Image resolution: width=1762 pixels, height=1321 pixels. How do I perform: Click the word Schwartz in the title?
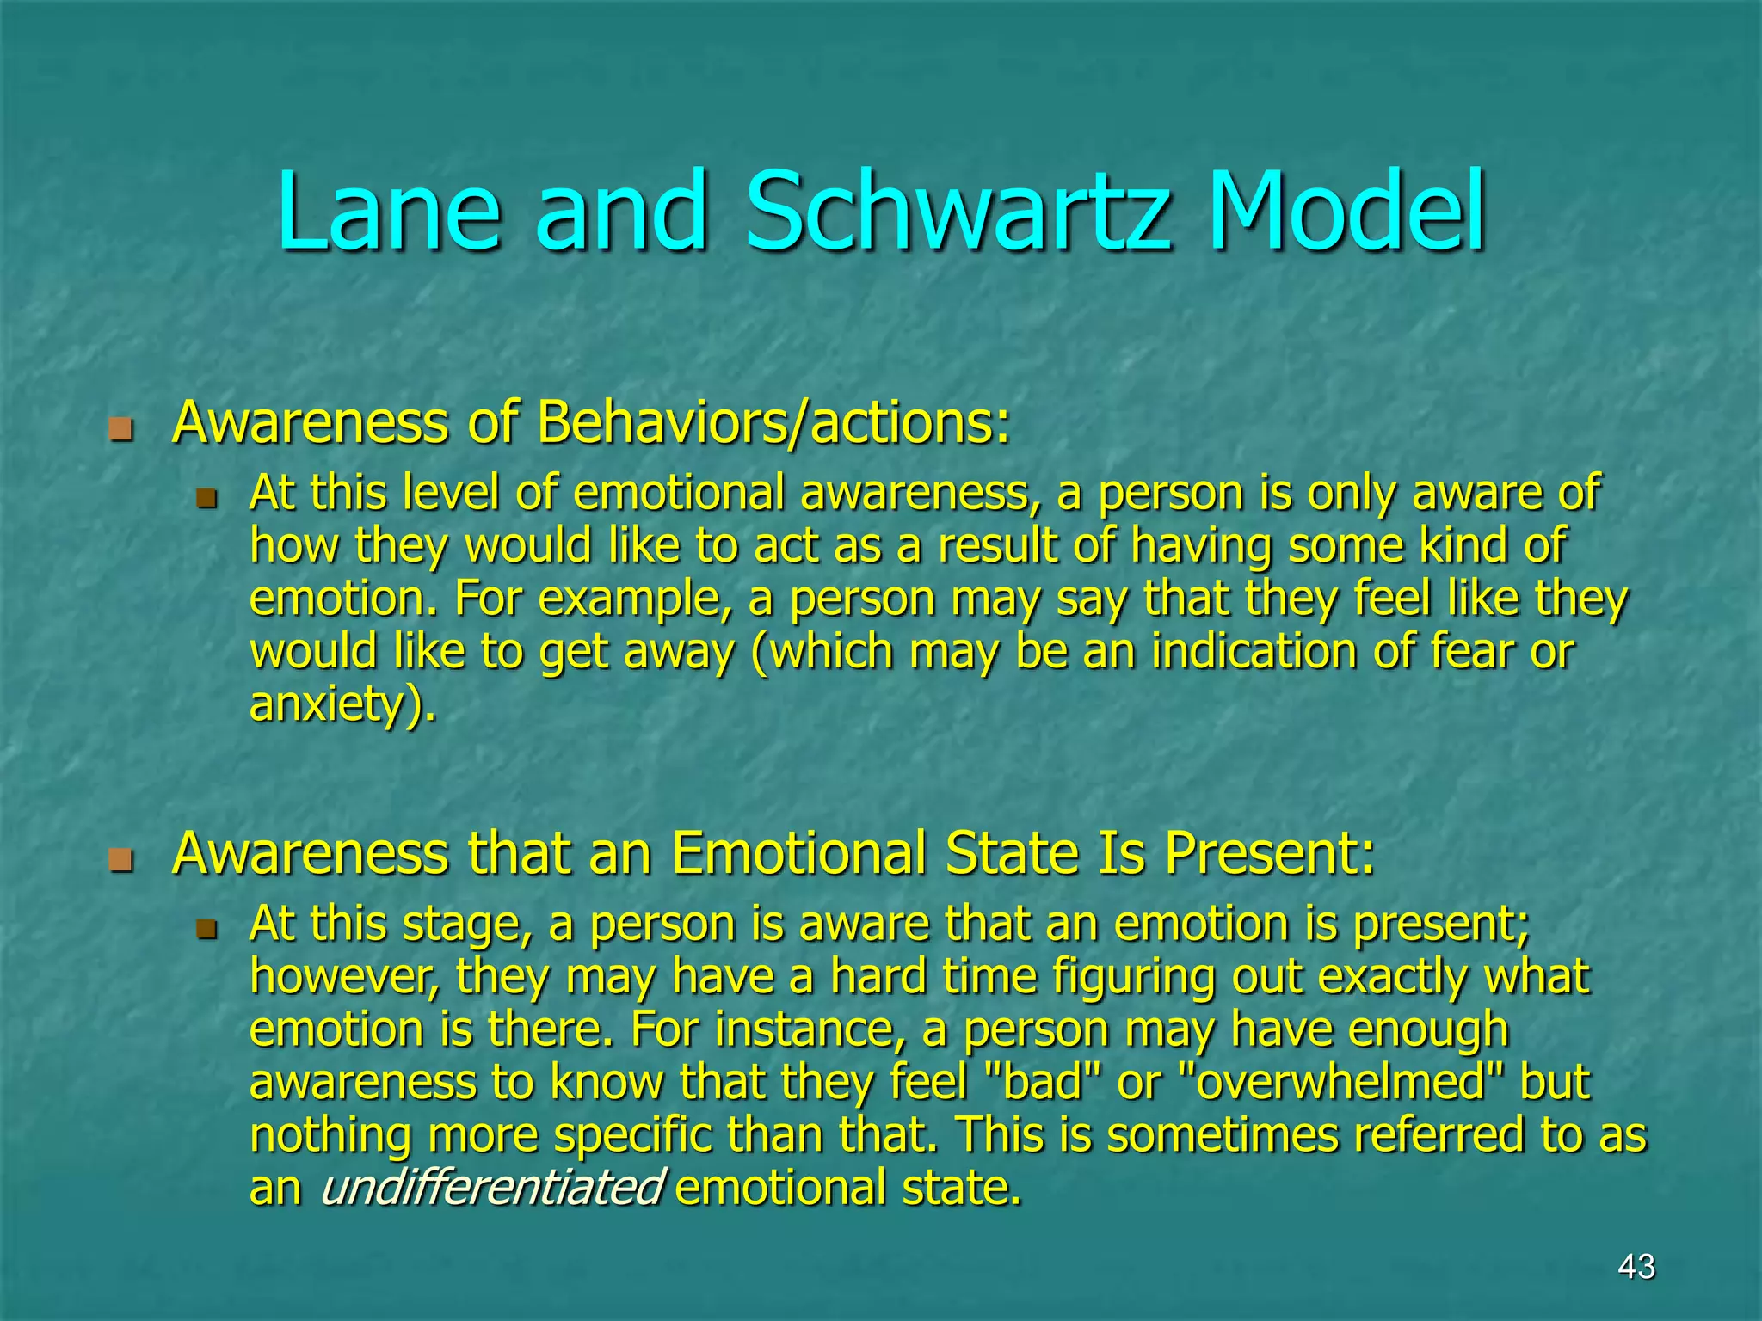click(x=958, y=212)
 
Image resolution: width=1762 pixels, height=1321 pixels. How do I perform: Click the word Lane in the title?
click(x=388, y=212)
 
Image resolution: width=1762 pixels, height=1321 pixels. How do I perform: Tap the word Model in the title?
click(x=1346, y=212)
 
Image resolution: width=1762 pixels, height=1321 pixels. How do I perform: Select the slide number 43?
click(x=1636, y=1267)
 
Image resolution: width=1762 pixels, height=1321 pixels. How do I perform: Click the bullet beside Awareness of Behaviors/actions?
click(x=121, y=428)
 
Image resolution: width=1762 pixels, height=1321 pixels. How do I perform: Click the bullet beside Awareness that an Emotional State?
click(x=121, y=858)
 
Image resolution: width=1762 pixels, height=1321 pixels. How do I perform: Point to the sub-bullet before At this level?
click(x=206, y=497)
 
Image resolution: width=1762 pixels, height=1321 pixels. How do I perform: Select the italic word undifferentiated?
click(x=491, y=1188)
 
